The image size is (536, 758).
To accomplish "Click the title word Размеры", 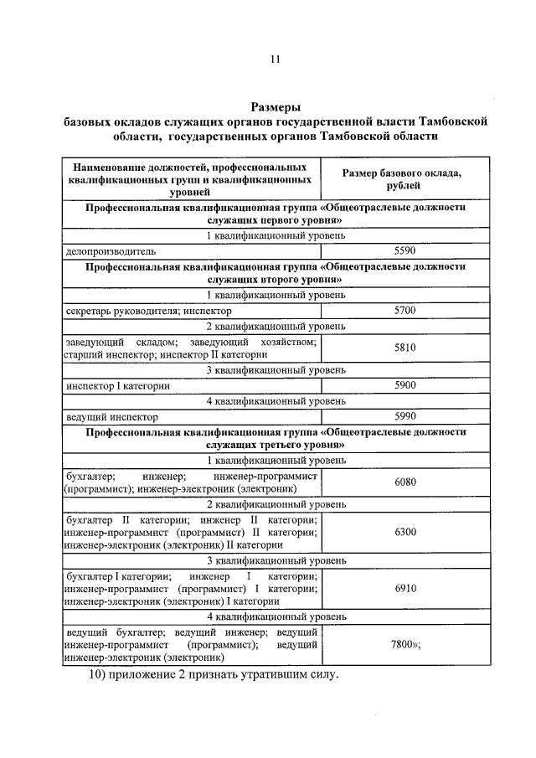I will tap(276, 106).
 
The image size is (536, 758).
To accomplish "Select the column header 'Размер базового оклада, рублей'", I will tap(405, 178).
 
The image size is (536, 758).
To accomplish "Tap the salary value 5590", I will tap(405, 250).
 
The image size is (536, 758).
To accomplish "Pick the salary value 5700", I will tap(405, 311).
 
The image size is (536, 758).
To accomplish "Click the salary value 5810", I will tap(405, 348).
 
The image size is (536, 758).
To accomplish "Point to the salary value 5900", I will tap(405, 385).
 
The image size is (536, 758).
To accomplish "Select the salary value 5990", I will tap(405, 416).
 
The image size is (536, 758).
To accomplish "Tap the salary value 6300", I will tap(405, 531).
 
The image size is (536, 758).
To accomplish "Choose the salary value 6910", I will tap(405, 588).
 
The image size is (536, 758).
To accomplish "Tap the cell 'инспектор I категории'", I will tap(118, 386).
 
